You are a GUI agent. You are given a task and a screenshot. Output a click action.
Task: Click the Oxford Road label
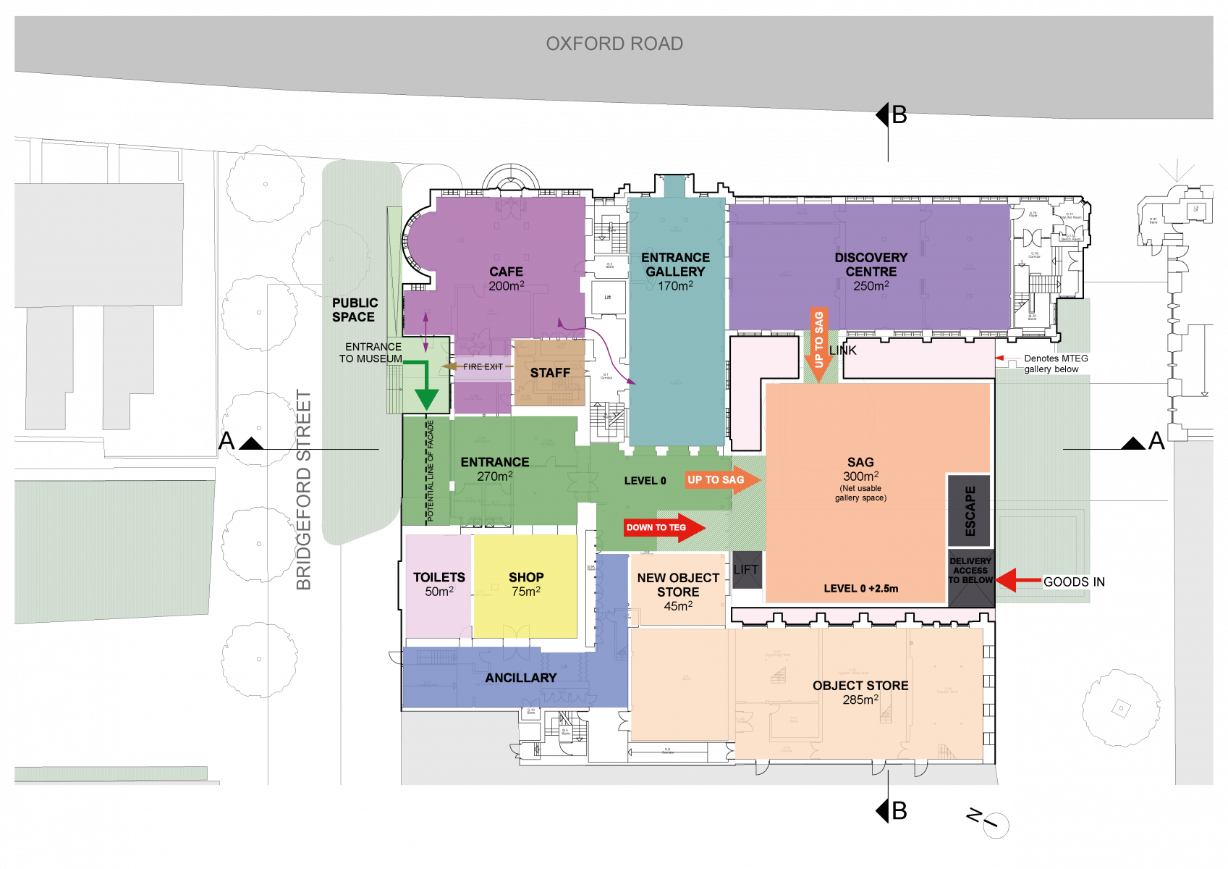point(614,44)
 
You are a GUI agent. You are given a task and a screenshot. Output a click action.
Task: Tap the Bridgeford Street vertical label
point(304,490)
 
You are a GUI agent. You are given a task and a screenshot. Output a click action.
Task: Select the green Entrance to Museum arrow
point(425,385)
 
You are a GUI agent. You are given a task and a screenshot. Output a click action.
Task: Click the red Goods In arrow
point(1017,580)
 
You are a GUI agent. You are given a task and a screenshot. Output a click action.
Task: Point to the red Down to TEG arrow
point(664,527)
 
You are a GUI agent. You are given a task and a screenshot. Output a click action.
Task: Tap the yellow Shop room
point(525,587)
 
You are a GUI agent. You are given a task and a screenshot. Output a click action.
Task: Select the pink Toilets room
point(439,587)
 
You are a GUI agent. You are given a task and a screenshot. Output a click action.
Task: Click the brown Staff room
point(549,373)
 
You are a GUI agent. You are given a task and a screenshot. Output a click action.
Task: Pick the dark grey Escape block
point(970,511)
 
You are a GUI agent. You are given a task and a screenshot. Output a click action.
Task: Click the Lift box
point(746,570)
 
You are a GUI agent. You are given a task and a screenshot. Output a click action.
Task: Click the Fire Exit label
point(483,367)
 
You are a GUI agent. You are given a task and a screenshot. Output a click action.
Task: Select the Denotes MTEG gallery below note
point(1064,364)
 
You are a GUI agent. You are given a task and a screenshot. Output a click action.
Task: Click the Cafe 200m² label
point(506,278)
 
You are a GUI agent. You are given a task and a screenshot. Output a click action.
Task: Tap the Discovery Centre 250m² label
point(871,272)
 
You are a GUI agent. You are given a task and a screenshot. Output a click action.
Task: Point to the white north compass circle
point(996,826)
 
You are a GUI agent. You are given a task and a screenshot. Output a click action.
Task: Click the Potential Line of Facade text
point(431,471)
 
